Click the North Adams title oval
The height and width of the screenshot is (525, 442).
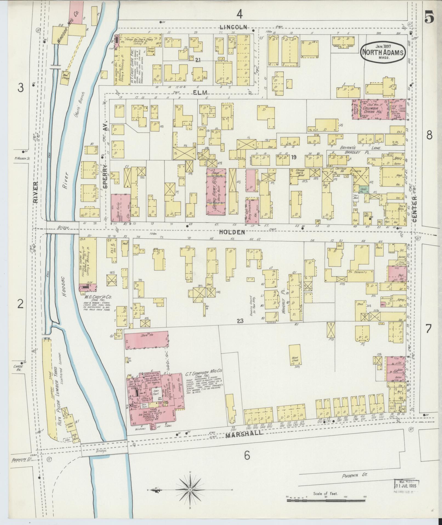click(383, 52)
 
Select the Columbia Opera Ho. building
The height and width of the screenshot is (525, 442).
click(379, 110)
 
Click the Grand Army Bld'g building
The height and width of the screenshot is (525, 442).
click(216, 191)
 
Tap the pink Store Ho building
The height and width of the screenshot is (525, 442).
click(146, 340)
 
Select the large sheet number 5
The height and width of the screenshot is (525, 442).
click(429, 18)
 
